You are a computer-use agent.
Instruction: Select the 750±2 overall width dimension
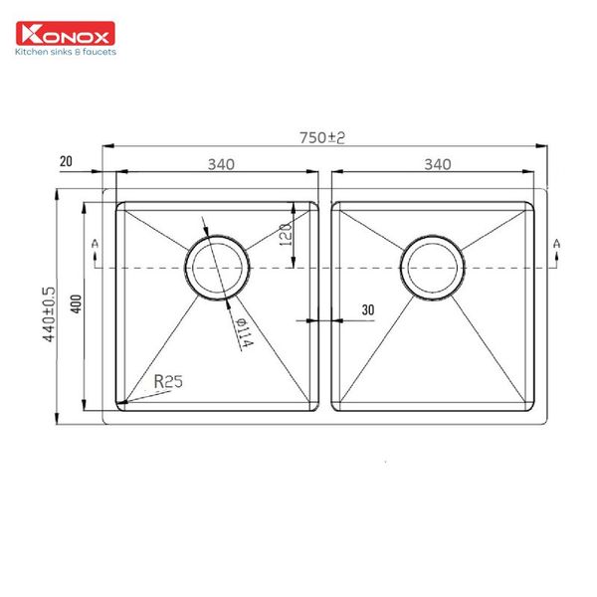pyautogui.click(x=324, y=138)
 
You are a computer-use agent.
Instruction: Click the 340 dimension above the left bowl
pyautogui.click(x=220, y=164)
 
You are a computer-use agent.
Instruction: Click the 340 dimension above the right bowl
pyautogui.click(x=437, y=164)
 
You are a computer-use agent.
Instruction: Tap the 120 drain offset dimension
pyautogui.click(x=284, y=237)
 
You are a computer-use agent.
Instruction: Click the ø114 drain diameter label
pyautogui.click(x=242, y=332)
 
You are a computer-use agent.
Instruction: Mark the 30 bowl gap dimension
pyautogui.click(x=367, y=310)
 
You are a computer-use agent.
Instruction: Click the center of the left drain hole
pyautogui.click(x=216, y=268)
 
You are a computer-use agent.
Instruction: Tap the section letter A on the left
pyautogui.click(x=94, y=243)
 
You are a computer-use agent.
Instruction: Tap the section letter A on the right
pyautogui.click(x=556, y=243)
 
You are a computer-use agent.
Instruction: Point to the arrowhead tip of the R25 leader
pyautogui.click(x=119, y=402)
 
